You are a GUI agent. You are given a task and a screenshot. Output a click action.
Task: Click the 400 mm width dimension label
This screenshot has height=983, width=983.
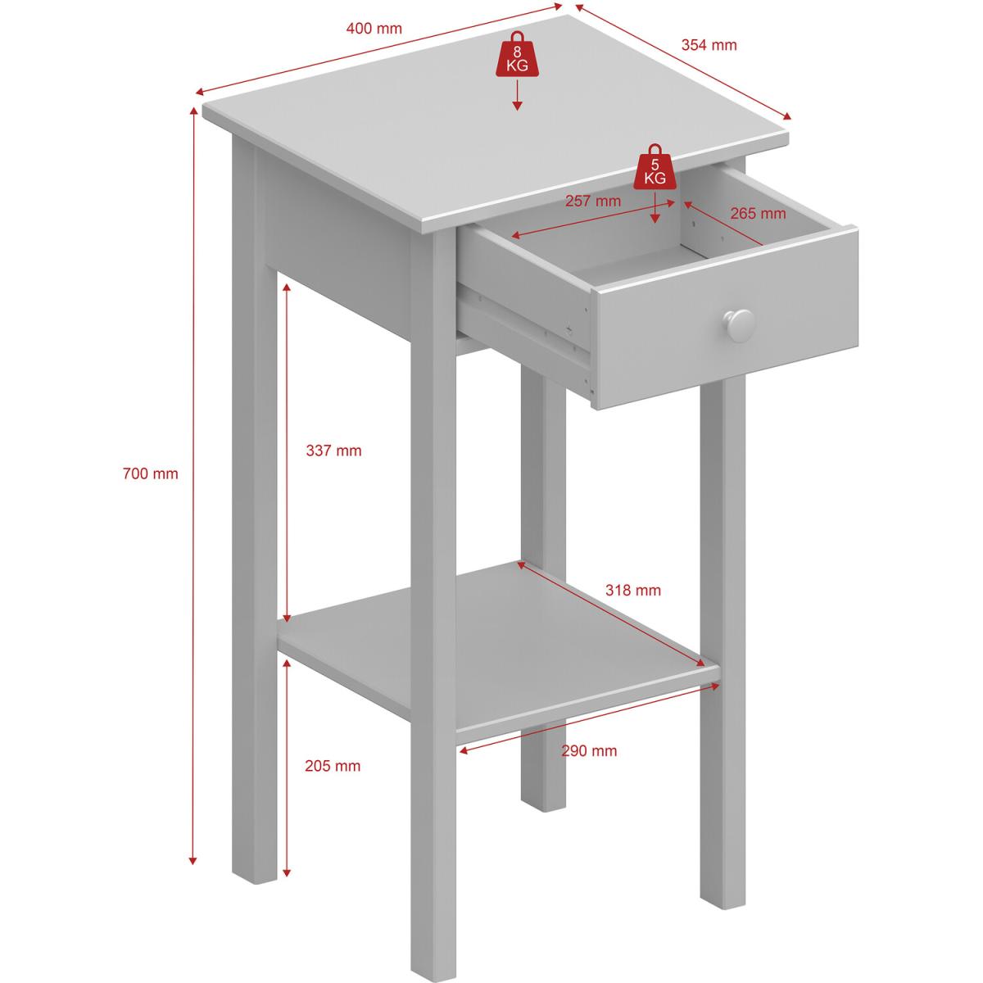click(x=374, y=29)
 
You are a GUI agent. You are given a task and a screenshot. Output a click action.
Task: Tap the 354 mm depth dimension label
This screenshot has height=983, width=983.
click(x=709, y=45)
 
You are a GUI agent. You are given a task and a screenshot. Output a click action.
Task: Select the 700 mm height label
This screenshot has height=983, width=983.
click(x=151, y=474)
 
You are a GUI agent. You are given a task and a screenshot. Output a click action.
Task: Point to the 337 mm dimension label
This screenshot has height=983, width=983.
click(x=333, y=451)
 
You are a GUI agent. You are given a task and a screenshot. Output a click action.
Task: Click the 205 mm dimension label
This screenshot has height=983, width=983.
click(x=333, y=766)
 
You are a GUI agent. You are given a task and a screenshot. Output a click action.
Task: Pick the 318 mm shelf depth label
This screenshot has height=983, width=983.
click(x=633, y=590)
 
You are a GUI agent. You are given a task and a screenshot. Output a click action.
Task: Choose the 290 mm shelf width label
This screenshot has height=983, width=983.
click(x=589, y=751)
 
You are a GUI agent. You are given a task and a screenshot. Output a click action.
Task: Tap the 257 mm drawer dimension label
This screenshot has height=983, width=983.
click(x=593, y=201)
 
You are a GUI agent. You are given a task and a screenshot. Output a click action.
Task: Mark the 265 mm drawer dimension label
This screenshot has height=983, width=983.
click(x=758, y=213)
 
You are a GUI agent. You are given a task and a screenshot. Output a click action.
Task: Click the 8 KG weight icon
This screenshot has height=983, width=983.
click(x=517, y=55)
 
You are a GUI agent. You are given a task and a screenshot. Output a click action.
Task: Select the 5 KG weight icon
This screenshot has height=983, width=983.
click(x=655, y=167)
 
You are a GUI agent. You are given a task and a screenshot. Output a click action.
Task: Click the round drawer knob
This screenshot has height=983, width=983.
click(x=739, y=325)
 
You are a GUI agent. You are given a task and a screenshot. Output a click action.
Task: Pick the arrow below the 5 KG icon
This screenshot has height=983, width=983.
click(x=655, y=207)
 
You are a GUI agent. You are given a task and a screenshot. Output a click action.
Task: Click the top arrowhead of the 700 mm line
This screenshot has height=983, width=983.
click(x=193, y=112)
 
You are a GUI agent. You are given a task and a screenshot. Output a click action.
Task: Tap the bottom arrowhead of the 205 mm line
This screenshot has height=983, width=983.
click(x=287, y=872)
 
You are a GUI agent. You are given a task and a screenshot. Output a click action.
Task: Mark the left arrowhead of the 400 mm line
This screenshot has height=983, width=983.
click(x=201, y=93)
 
